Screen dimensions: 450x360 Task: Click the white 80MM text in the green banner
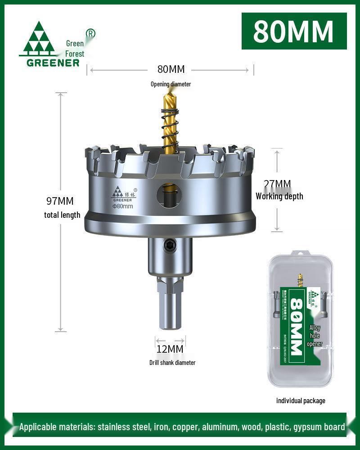click(293, 31)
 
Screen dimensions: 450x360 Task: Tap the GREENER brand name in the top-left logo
click(53, 62)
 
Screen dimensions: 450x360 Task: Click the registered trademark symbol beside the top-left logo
click(90, 33)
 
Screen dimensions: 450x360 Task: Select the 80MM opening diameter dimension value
click(171, 69)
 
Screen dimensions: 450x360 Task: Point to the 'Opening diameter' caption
click(171, 84)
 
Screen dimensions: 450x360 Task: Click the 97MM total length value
click(60, 201)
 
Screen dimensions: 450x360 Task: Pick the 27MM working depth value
click(277, 184)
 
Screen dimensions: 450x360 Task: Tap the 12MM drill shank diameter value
click(170, 349)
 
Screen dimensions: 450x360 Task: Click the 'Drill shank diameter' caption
click(172, 363)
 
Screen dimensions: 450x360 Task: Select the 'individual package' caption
click(301, 400)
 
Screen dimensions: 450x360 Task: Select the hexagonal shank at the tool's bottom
click(170, 306)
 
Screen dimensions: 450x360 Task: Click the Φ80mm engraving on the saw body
click(122, 206)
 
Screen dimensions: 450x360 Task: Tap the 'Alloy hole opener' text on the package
click(315, 336)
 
